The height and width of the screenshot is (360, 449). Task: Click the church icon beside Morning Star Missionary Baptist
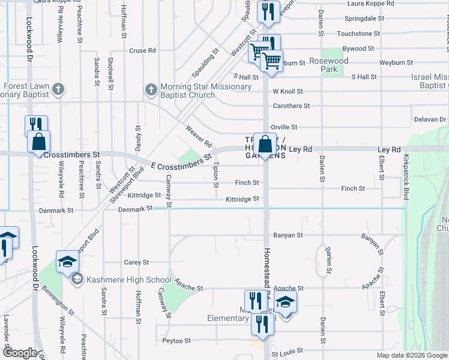pos(151,90)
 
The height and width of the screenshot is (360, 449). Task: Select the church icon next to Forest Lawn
pos(58,90)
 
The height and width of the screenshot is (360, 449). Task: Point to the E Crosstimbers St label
pos(181,161)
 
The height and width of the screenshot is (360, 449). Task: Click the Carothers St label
pos(291,106)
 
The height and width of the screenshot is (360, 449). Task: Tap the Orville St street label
pos(285,127)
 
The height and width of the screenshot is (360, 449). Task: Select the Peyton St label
pos(176,340)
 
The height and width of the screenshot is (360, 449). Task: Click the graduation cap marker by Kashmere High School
pos(67,262)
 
